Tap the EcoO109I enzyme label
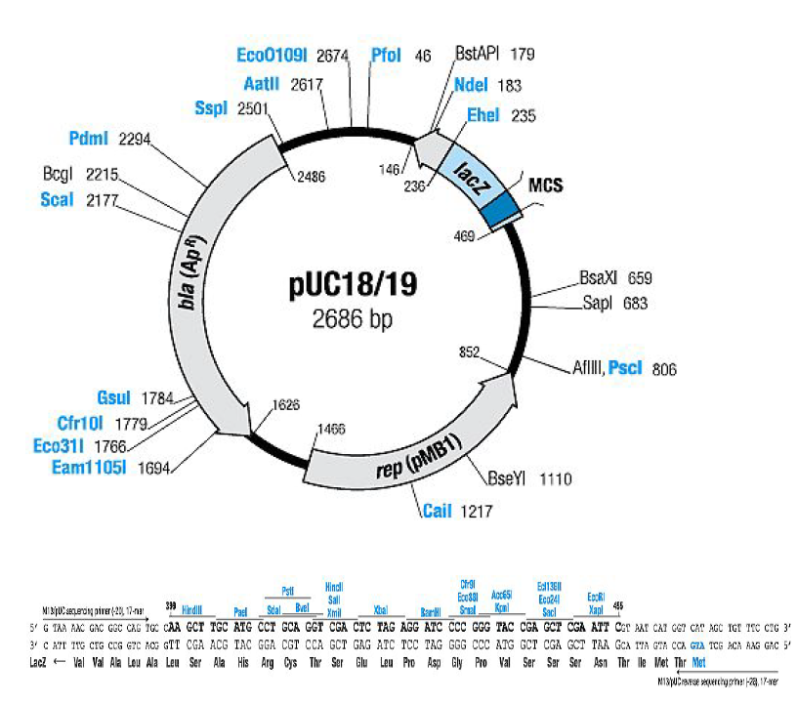[x=273, y=54]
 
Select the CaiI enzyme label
[x=437, y=510]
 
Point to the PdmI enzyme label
[x=89, y=139]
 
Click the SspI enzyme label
[x=210, y=107]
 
